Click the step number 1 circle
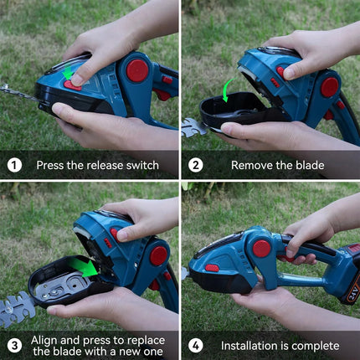pyautogui.click(x=14, y=165)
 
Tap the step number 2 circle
pyautogui.click(x=195, y=165)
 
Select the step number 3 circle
pyautogui.click(x=14, y=345)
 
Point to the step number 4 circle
pyautogui.click(x=195, y=345)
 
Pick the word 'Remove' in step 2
pyautogui.click(x=254, y=165)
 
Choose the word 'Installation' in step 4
pyautogui.click(x=252, y=345)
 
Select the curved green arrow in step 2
pyautogui.click(x=227, y=89)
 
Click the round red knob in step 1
pyautogui.click(x=136, y=70)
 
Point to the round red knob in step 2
pyautogui.click(x=330, y=86)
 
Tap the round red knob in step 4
pyautogui.click(x=261, y=248)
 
